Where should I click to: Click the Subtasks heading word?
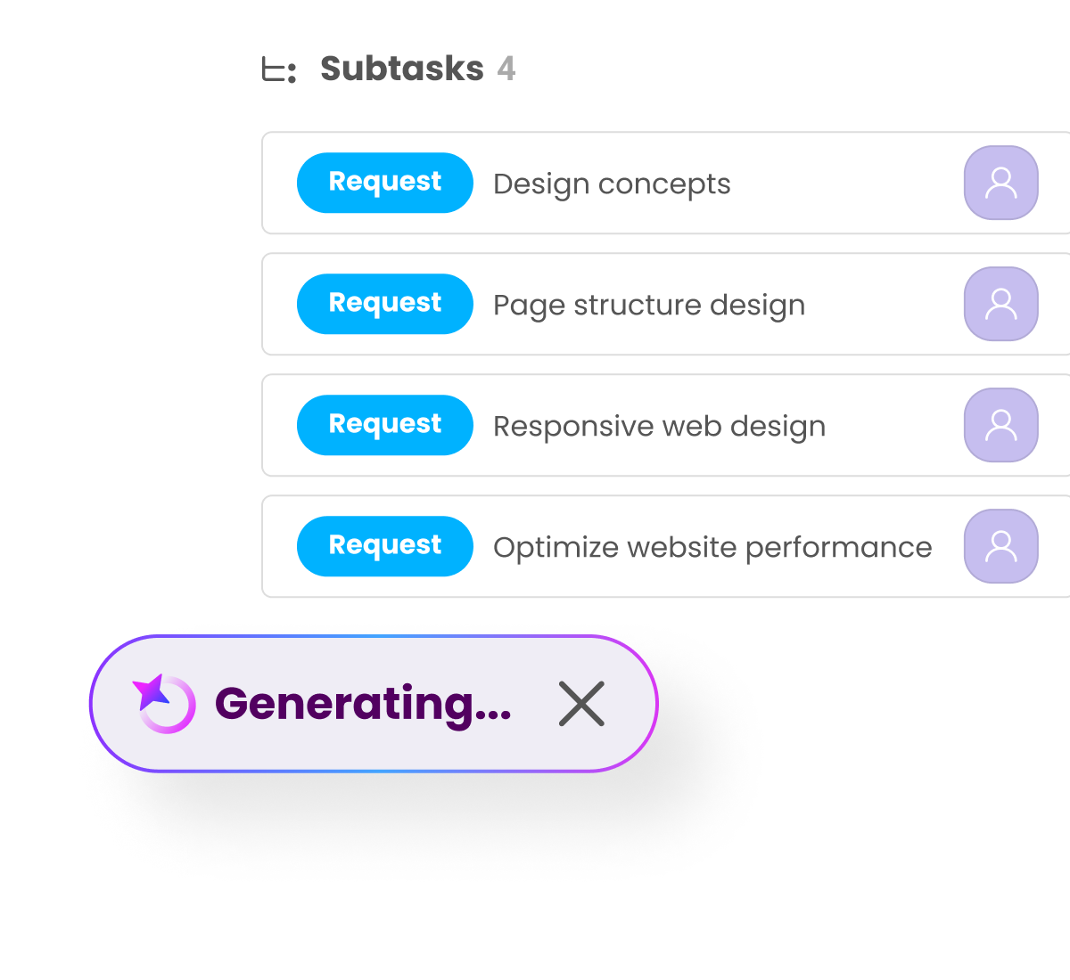tap(401, 69)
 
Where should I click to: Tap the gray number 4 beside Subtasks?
tap(506, 69)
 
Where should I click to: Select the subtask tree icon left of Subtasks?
tap(279, 70)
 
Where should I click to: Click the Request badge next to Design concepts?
tap(384, 183)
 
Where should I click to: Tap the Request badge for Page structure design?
tap(384, 304)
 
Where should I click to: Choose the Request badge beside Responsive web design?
tap(384, 425)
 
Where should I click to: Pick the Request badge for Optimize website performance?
tap(384, 546)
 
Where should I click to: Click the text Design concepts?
tap(612, 184)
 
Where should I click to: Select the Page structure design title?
tap(649, 306)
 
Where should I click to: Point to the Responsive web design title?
tap(659, 427)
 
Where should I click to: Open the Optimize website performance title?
tap(712, 548)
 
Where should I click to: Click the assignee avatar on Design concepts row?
tap(1000, 183)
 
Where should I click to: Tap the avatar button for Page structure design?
tap(1000, 304)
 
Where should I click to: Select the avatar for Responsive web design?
tap(1000, 425)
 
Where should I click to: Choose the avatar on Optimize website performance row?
tap(1000, 546)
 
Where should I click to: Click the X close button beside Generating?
tap(581, 703)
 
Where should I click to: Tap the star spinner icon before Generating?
tap(164, 704)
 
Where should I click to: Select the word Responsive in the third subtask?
tap(574, 427)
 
